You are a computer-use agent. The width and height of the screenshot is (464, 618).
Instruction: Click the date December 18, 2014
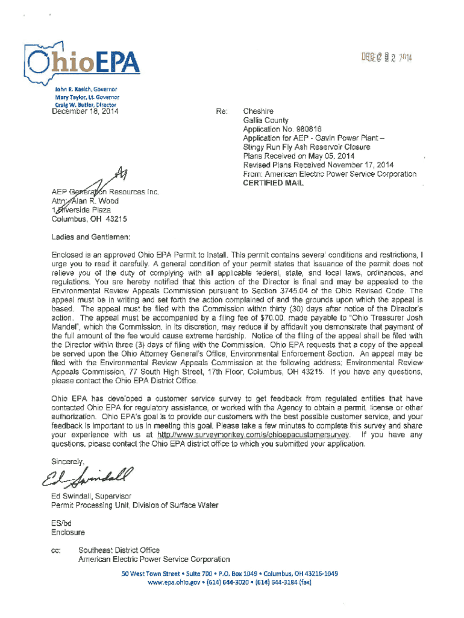(86, 111)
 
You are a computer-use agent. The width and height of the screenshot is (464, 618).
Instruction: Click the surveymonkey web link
(254, 435)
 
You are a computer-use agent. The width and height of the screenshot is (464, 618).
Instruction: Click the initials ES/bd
(63, 523)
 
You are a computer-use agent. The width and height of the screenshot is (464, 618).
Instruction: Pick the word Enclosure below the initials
(68, 532)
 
